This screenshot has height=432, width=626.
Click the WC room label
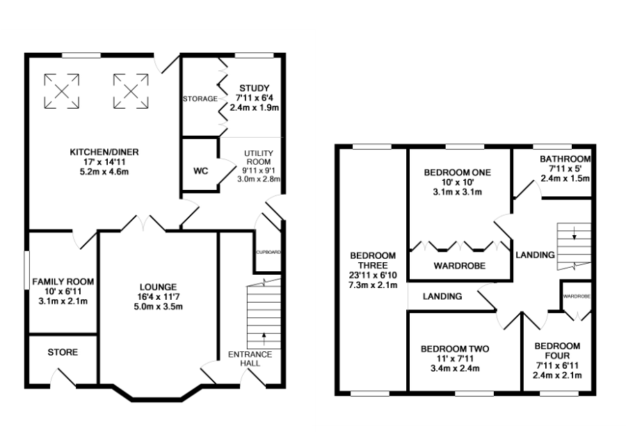[x=201, y=171]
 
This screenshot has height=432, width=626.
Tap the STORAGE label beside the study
[x=200, y=99]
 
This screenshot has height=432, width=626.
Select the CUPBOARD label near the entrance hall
[x=268, y=253]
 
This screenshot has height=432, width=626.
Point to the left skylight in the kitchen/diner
[x=61, y=91]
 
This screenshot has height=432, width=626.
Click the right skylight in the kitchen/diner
[x=131, y=91]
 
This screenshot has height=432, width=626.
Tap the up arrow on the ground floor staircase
[x=264, y=338]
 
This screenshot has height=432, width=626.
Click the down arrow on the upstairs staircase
[x=574, y=233]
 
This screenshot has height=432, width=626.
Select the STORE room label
[x=63, y=352]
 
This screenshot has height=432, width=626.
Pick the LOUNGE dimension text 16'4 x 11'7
[x=158, y=296]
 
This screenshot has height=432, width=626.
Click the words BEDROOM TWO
[x=455, y=349]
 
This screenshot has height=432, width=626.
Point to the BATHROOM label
[x=565, y=159]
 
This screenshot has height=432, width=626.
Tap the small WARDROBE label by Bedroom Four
[x=577, y=296]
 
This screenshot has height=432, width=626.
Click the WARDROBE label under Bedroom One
[x=460, y=266]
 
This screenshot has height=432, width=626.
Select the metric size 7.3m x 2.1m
[x=373, y=285]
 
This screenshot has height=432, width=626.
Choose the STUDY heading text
[x=255, y=88]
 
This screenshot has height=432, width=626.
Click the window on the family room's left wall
[x=26, y=269]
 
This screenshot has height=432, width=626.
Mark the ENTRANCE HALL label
[x=250, y=358]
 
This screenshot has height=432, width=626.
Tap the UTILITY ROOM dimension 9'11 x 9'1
[x=259, y=170]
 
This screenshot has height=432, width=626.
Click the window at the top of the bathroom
[x=552, y=147]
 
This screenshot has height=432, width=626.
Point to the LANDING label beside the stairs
[x=535, y=255]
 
